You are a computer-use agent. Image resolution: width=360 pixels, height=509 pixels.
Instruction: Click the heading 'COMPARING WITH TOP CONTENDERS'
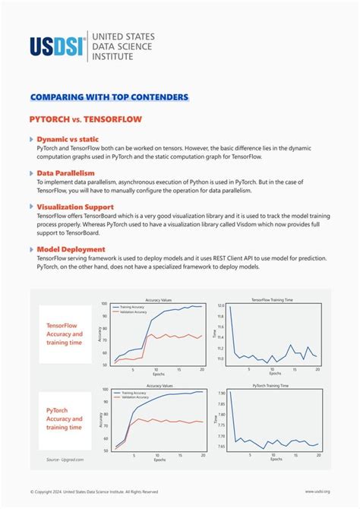109,97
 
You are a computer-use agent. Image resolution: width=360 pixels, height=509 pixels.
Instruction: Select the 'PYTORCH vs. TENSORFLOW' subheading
85,119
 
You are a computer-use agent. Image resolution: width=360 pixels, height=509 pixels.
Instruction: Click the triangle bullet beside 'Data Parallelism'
31,173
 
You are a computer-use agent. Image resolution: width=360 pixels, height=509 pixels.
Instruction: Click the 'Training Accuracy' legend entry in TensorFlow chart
137,307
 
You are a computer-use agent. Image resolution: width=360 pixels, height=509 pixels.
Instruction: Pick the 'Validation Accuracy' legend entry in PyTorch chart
137,397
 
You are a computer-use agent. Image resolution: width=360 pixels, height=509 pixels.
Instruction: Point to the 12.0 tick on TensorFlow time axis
221,305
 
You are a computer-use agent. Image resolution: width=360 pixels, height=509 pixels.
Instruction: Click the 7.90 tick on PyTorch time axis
220,394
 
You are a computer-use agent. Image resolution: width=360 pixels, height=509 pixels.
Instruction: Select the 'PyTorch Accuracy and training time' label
65,419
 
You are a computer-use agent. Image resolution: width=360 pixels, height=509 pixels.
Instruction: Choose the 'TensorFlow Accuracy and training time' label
65,332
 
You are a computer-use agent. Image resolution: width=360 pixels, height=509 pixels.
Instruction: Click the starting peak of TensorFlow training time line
230,306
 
